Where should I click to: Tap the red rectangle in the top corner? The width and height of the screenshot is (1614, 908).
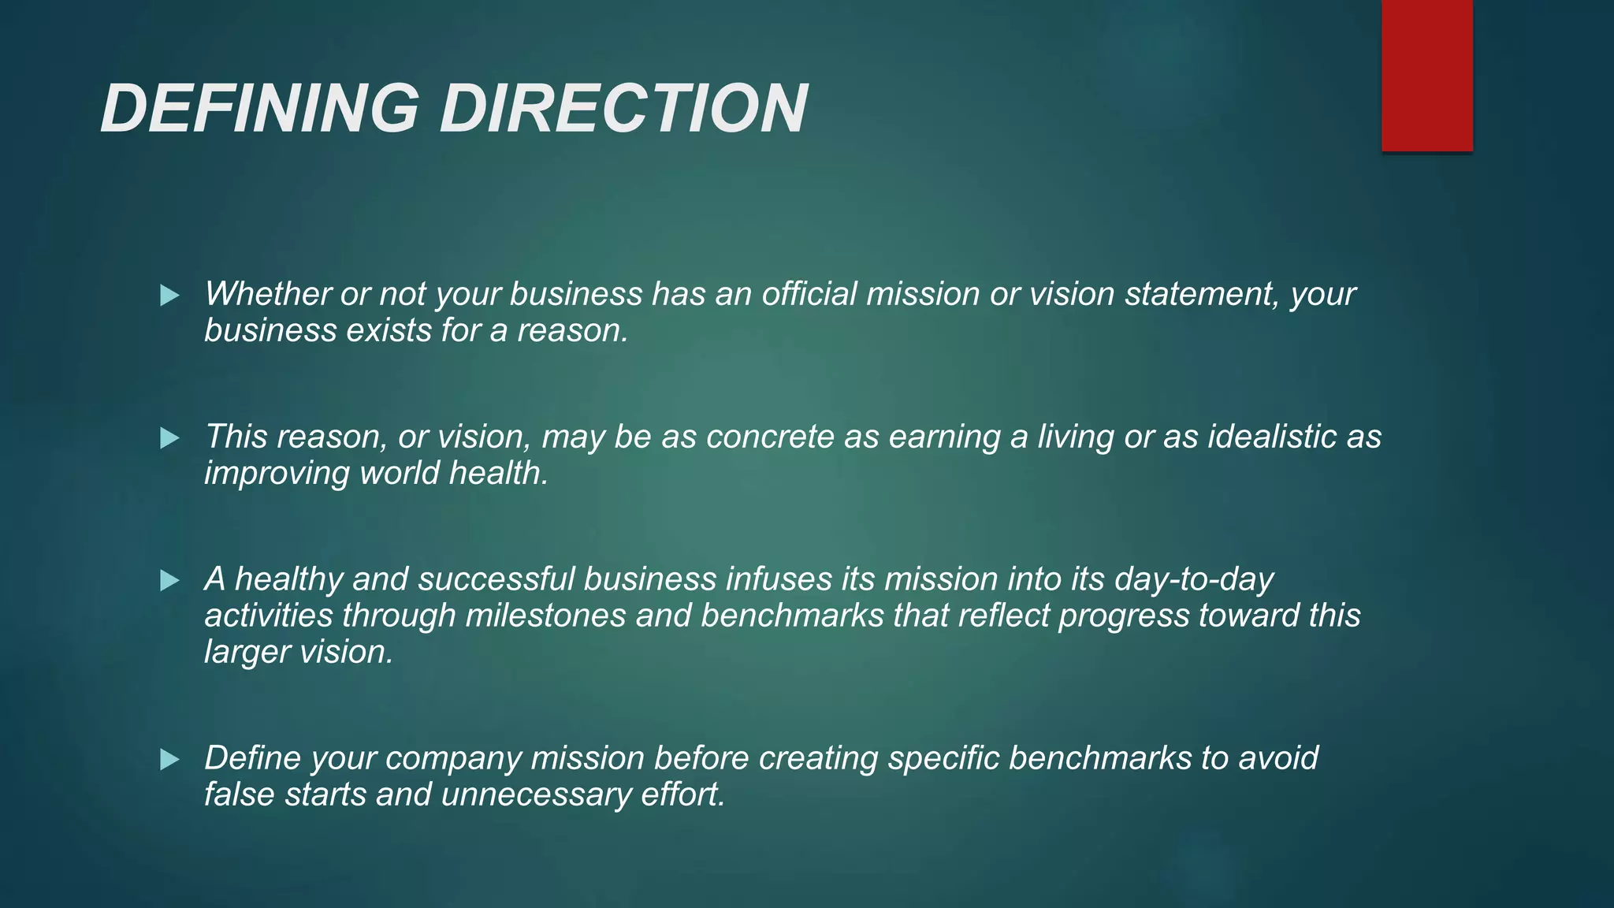tap(1426, 75)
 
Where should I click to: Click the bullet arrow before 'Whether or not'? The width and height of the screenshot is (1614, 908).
tap(169, 296)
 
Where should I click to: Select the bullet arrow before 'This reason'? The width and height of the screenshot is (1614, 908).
tap(169, 439)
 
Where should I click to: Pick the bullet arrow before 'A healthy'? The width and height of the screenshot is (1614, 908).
tap(169, 582)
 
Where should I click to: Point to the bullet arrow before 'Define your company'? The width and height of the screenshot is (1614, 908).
tap(169, 761)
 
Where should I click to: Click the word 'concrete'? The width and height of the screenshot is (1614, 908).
tap(770, 437)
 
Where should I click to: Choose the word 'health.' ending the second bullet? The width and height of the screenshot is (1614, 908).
tap(498, 473)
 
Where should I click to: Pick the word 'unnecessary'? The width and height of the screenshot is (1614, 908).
tap(536, 794)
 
